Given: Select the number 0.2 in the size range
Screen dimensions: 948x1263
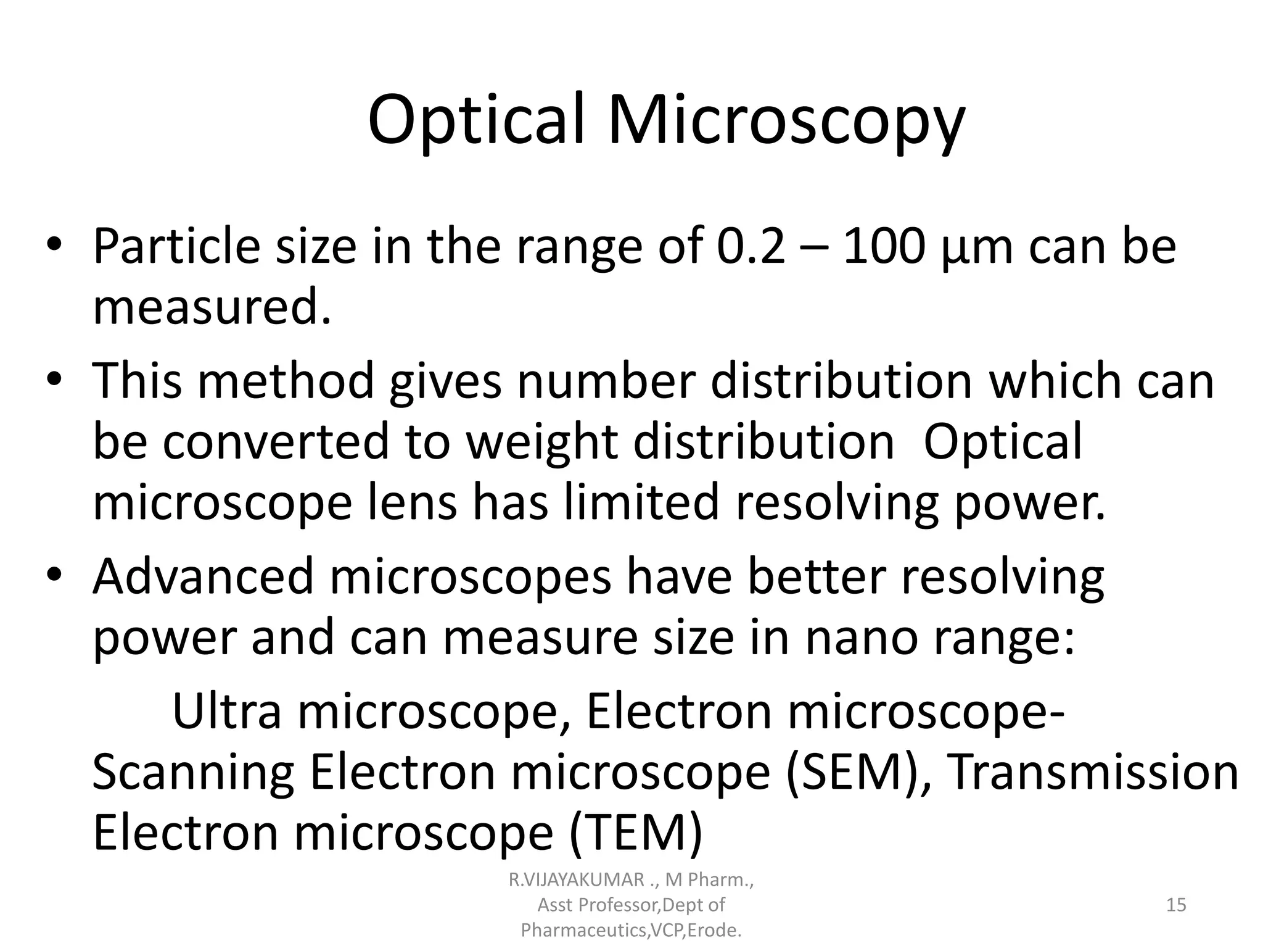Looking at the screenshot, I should coord(752,247).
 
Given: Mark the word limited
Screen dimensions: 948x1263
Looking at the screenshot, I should coord(641,503).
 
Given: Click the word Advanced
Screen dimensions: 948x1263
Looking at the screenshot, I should coord(204,576).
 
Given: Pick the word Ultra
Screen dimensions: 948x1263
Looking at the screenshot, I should coord(226,712).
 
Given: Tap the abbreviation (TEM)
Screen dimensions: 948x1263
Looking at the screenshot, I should coord(635,833).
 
